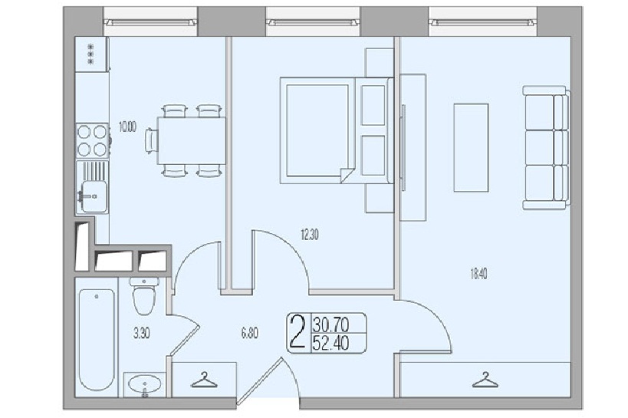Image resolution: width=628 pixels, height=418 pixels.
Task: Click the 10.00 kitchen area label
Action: (127, 127)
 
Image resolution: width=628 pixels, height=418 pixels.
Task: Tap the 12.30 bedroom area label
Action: (310, 235)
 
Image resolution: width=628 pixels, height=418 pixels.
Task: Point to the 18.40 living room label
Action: (478, 274)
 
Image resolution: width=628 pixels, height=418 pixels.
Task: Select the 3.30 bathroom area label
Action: (141, 334)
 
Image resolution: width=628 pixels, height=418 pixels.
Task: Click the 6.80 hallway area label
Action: (249, 334)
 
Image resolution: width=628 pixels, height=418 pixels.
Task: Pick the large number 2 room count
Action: (298, 333)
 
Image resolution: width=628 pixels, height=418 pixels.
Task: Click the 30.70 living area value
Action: (331, 324)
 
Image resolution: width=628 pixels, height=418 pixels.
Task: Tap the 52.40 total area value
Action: (331, 343)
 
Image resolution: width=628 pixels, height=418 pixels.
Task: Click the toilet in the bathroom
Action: (144, 296)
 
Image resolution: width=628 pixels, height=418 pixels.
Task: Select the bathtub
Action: (96, 340)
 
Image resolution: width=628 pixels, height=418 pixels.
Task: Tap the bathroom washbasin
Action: (145, 385)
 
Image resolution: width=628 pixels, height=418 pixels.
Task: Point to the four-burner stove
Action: (93, 140)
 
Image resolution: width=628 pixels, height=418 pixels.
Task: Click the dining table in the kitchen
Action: (192, 140)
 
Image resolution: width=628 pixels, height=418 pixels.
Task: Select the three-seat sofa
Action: (546, 147)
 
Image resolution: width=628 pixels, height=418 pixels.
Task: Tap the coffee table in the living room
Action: (471, 147)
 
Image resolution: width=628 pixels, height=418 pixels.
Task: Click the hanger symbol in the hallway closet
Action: (204, 380)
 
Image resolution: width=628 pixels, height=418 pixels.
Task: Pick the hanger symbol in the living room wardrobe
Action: (485, 380)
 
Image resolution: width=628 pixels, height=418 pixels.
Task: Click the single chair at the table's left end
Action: (151, 140)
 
